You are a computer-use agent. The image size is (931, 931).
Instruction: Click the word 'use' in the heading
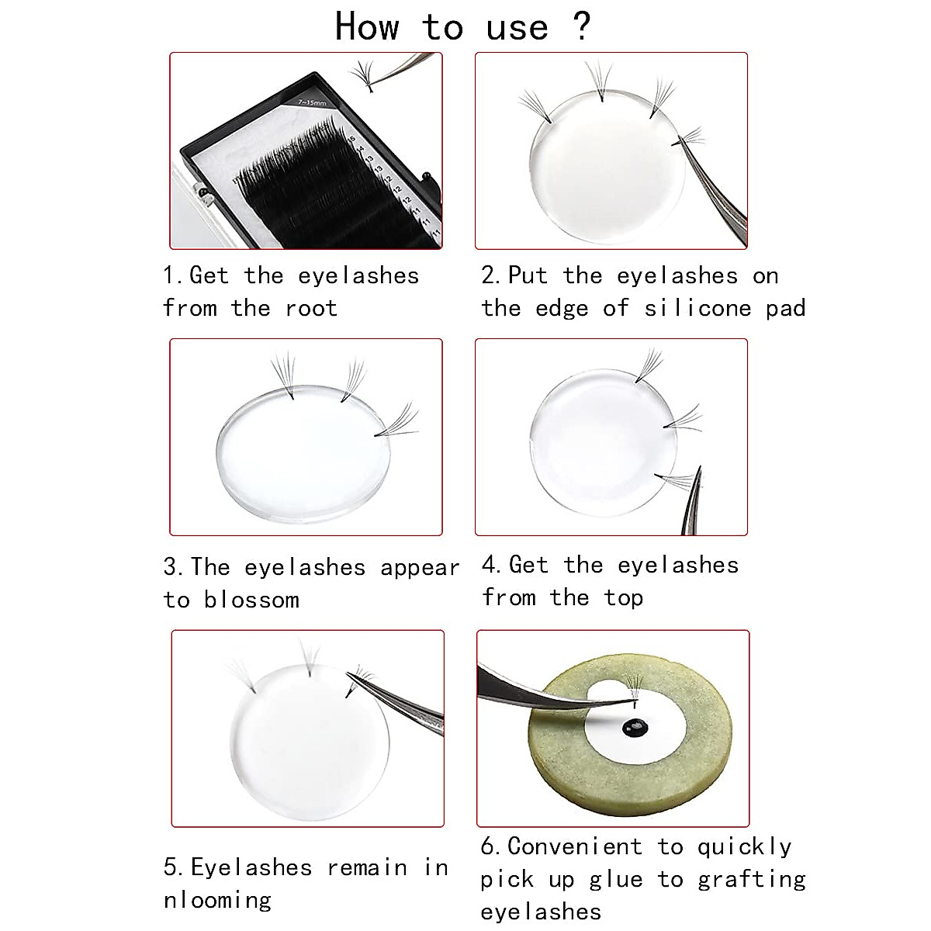517,29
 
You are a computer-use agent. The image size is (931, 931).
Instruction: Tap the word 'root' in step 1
311,308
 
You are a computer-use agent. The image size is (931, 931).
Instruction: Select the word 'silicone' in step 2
697,308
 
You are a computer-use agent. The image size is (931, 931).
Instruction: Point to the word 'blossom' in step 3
251,599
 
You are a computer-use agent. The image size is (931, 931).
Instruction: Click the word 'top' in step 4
623,599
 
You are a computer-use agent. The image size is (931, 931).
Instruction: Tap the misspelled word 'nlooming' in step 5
217,901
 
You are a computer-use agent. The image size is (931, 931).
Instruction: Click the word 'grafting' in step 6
752,880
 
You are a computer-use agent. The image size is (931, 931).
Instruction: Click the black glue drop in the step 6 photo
635,728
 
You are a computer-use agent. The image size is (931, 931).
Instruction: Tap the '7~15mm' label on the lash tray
312,102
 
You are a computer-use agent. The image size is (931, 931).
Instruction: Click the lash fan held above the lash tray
363,75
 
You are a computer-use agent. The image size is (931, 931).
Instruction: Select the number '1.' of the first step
172,275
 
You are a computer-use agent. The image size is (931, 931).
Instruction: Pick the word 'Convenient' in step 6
575,846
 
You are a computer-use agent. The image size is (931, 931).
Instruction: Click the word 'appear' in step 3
420,569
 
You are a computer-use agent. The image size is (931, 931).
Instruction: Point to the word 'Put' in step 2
528,275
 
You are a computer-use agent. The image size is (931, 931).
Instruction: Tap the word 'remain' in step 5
367,867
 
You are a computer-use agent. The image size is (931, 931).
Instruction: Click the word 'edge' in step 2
562,308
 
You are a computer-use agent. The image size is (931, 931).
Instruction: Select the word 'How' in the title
367,26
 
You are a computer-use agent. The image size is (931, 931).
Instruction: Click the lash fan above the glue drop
635,686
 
